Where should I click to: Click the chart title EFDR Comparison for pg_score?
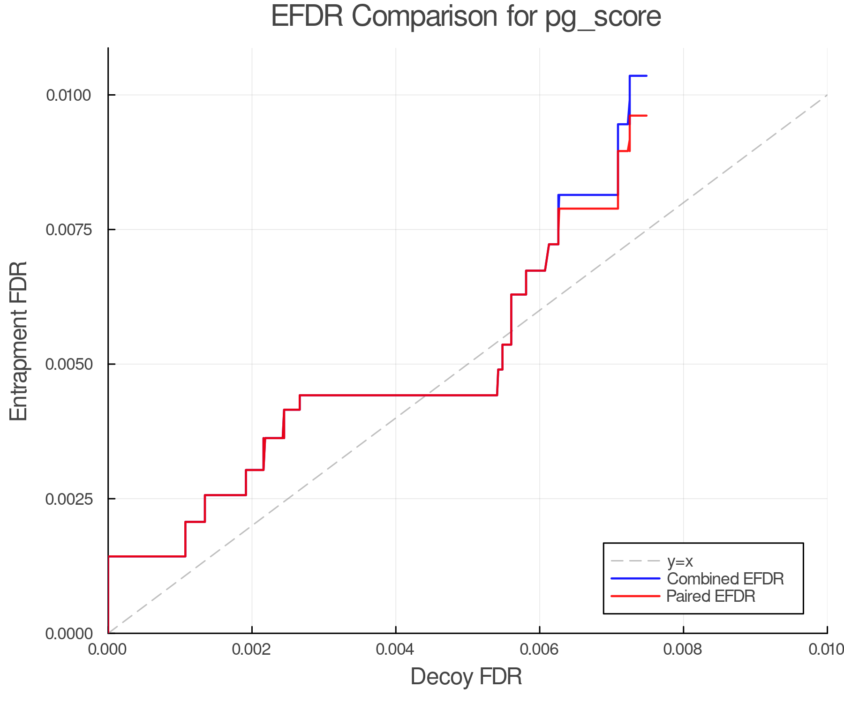coord(466,17)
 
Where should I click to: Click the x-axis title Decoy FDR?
coord(466,677)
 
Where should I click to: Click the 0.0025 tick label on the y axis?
coord(68,499)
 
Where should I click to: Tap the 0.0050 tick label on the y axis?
coord(68,365)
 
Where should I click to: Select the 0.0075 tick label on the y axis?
coord(68,230)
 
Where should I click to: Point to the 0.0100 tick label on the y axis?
coord(68,95)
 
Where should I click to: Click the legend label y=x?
coord(680,561)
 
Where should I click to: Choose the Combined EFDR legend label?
coord(725,579)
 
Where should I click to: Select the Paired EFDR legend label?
coord(711,596)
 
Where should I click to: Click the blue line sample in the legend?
coord(635,579)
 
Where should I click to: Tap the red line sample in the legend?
coord(635,596)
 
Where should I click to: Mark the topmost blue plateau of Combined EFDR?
coord(638,75)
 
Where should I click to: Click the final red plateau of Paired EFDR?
coord(639,115)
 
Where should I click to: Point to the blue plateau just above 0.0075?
coord(588,194)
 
